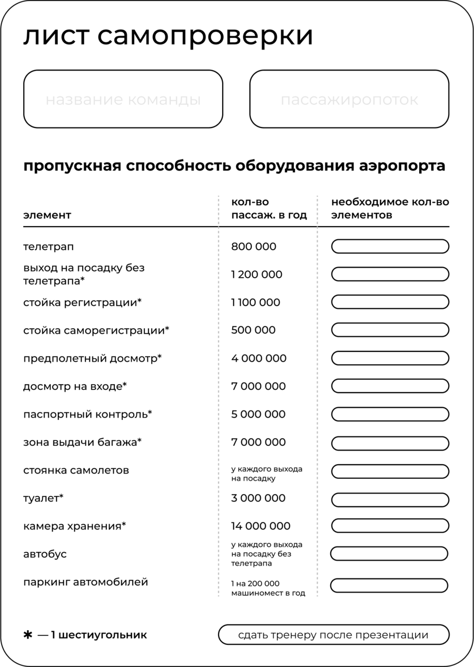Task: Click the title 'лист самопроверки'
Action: coord(168,36)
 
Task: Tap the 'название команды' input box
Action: coord(123,99)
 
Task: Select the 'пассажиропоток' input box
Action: coord(349,99)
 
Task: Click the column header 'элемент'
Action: coord(47,215)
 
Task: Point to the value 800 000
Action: coord(253,247)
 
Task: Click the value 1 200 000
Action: coord(256,274)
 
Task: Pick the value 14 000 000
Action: coord(261,526)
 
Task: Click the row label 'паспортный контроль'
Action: coord(87,414)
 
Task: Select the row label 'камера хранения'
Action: coord(74,526)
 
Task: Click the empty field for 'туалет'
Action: coord(390,498)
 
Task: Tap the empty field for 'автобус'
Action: coord(389,554)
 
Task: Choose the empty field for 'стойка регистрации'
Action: coord(390,302)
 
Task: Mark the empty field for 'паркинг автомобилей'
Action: coord(389,585)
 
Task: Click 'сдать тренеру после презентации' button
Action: coord(333,635)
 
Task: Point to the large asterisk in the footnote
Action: coord(28,635)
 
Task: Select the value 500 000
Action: coord(253,330)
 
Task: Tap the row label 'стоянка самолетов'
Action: coord(76,470)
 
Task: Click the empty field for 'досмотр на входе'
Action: coord(390,386)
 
